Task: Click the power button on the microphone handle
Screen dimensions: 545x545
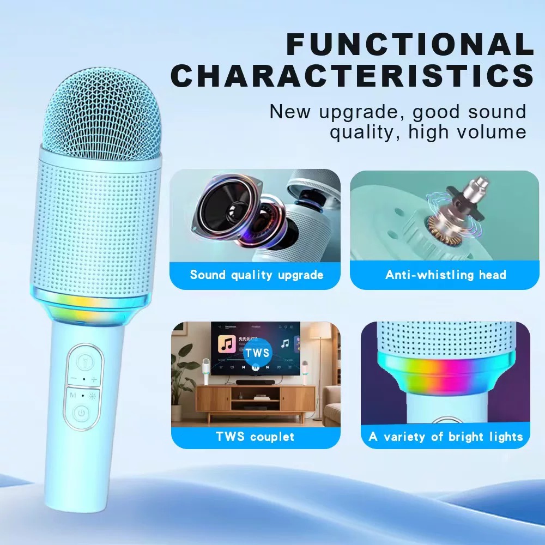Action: pyautogui.click(x=81, y=413)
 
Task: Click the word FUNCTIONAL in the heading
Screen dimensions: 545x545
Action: pyautogui.click(x=409, y=45)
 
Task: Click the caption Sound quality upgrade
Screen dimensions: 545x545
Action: pyautogui.click(x=256, y=275)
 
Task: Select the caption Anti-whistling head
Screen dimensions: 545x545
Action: pyautogui.click(x=446, y=275)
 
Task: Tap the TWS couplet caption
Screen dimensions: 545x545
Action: pyautogui.click(x=255, y=437)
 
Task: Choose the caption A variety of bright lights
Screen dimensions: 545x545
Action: pyautogui.click(x=446, y=437)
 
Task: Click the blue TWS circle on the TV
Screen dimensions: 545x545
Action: pyautogui.click(x=257, y=353)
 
